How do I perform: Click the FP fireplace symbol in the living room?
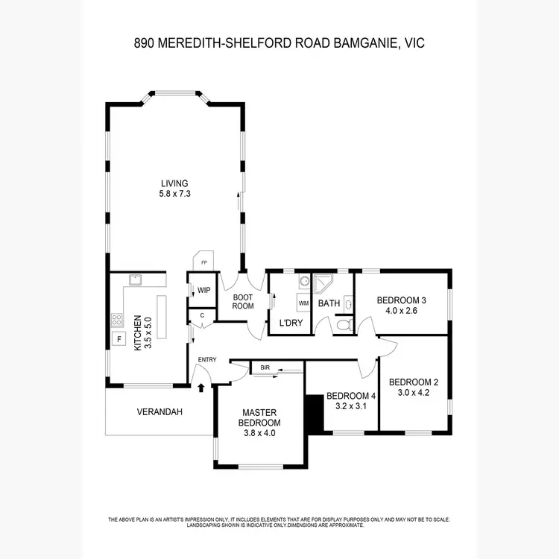point(202,262)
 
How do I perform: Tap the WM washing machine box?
point(303,303)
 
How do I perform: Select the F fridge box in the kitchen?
point(117,339)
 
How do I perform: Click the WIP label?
point(203,291)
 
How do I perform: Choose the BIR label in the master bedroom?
point(265,367)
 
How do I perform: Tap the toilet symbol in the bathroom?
point(344,324)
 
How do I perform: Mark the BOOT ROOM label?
point(242,300)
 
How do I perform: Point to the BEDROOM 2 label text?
point(414,382)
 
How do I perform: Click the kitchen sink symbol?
point(136,280)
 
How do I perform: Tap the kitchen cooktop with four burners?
point(117,320)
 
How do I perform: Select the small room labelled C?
point(202,316)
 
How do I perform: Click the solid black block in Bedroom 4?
point(315,414)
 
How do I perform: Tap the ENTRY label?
point(206,360)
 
